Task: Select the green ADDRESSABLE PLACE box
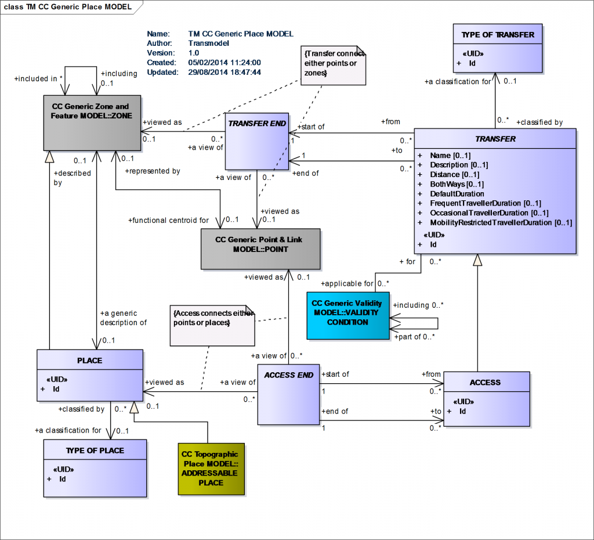pyautogui.click(x=211, y=469)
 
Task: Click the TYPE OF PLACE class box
pyautogui.click(x=95, y=467)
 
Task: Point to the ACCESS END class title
pyautogui.click(x=288, y=375)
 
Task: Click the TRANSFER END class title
pyautogui.click(x=256, y=123)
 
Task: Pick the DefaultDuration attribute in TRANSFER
pyautogui.click(x=457, y=193)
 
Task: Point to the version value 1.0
pyautogui.click(x=194, y=53)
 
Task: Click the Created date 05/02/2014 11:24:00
pyautogui.click(x=224, y=63)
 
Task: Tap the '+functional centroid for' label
pyautogui.click(x=168, y=220)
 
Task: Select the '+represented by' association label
pyautogui.click(x=153, y=171)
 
